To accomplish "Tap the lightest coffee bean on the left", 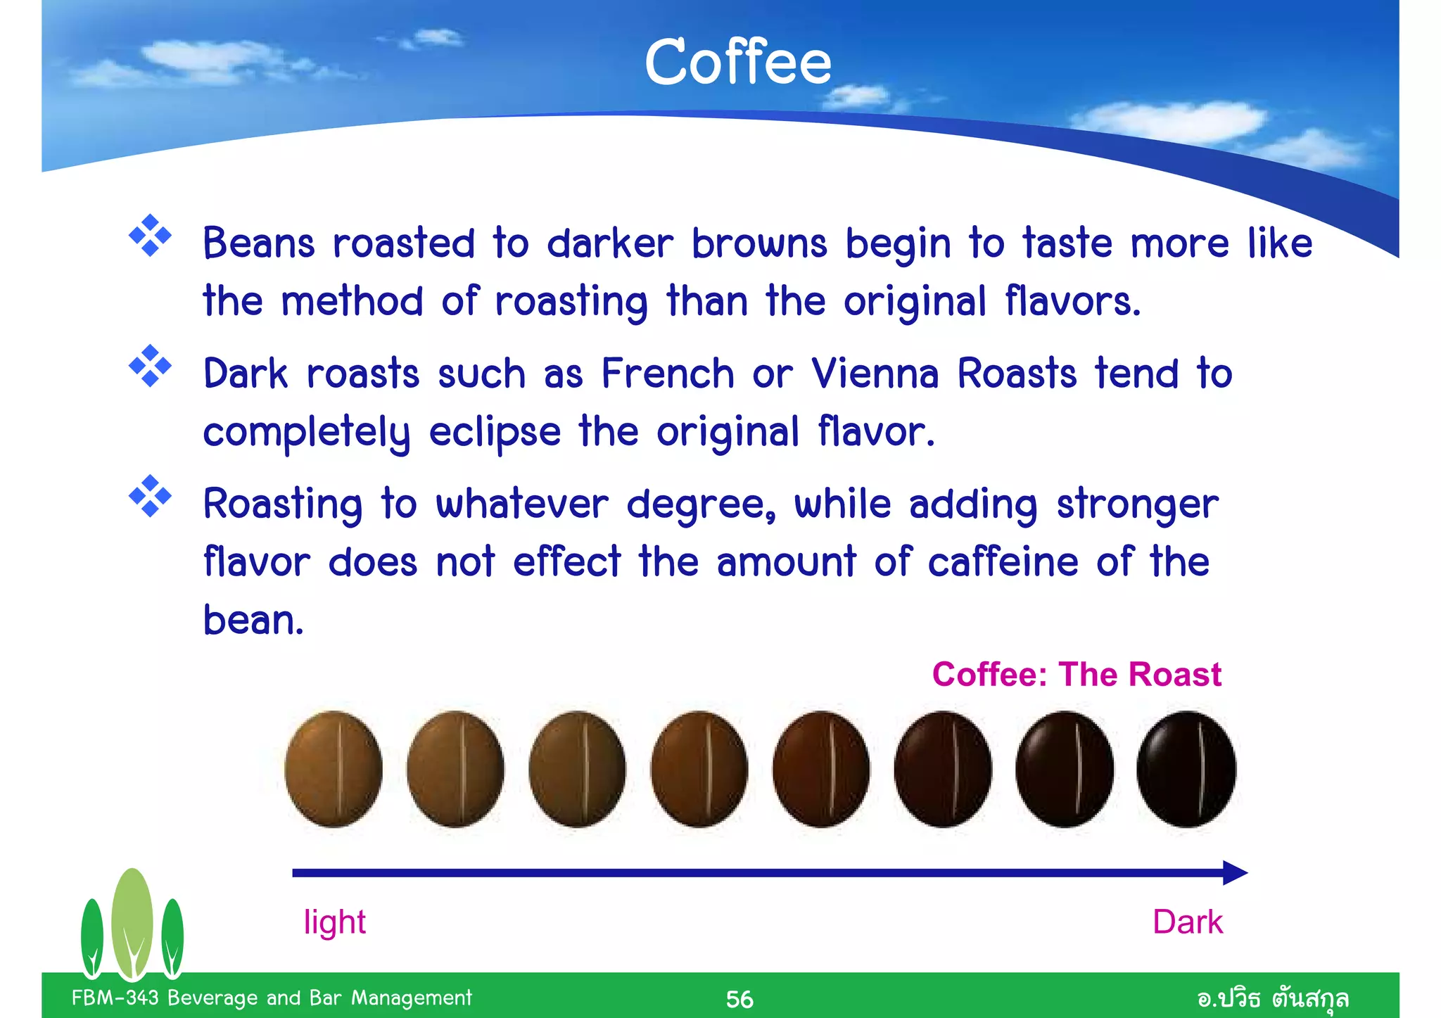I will (x=334, y=769).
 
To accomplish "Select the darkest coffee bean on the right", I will (x=1186, y=769).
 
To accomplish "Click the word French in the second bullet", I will (x=668, y=373).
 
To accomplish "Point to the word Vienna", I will (x=875, y=373).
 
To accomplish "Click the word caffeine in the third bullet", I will (x=1003, y=562).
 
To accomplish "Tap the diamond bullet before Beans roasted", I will (x=150, y=236).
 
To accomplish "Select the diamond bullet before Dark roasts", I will (x=150, y=366).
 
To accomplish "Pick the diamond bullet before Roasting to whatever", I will (x=150, y=497).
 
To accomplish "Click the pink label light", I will (x=334, y=922).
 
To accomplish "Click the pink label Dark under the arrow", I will (x=1188, y=922).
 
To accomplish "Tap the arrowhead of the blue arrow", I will (x=1234, y=873).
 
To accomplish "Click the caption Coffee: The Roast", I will (x=1077, y=674).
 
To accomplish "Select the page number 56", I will (x=739, y=999).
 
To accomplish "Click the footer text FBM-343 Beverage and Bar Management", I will (x=272, y=998).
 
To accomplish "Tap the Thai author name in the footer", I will (x=1273, y=998).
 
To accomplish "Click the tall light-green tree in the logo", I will (x=132, y=922).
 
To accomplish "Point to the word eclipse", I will (x=495, y=431).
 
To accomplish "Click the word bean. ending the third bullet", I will (x=253, y=621).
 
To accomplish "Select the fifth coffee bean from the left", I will (x=820, y=769).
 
